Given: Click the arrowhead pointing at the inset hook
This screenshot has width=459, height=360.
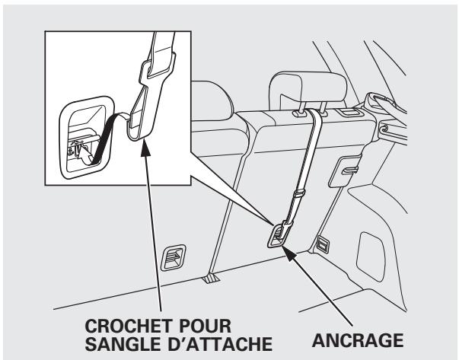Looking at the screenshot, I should tap(142, 142).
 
